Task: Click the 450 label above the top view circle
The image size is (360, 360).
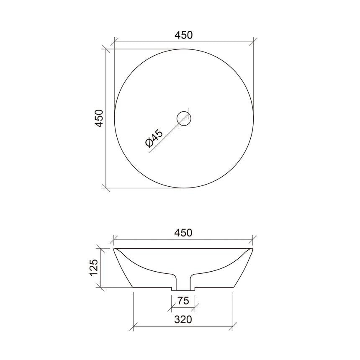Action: pyautogui.click(x=184, y=35)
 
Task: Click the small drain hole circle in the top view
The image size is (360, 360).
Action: pyautogui.click(x=184, y=118)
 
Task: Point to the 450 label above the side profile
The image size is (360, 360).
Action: pyautogui.click(x=184, y=233)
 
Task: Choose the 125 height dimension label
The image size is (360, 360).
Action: pyautogui.click(x=94, y=267)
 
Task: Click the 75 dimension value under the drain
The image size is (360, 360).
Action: pyautogui.click(x=183, y=301)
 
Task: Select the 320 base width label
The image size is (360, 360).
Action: pyautogui.click(x=183, y=320)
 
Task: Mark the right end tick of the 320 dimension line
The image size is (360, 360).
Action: pyautogui.click(x=233, y=326)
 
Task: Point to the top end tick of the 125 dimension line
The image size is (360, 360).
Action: pyautogui.click(x=100, y=249)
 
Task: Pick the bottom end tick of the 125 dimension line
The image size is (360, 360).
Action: pyautogui.click(x=100, y=288)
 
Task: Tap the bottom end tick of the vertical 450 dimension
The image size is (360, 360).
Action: pyautogui.click(x=106, y=188)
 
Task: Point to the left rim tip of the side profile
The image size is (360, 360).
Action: pyautogui.click(x=115, y=249)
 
